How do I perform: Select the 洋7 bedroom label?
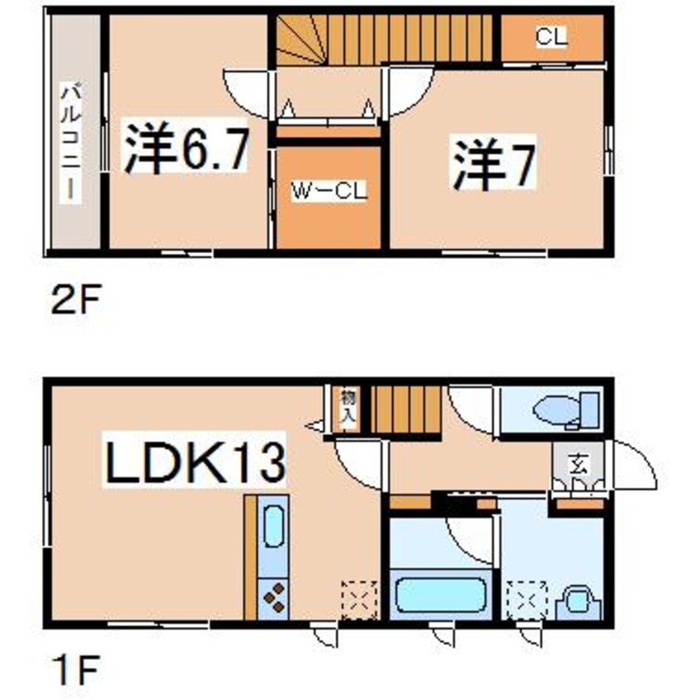click(494, 164)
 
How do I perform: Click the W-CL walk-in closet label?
click(328, 191)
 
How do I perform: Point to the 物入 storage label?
click(347, 408)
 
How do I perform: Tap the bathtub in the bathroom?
click(440, 595)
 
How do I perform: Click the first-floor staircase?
click(405, 409)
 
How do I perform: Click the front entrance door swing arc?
click(634, 465)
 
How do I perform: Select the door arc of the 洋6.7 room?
click(247, 93)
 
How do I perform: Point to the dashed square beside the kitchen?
click(359, 598)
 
